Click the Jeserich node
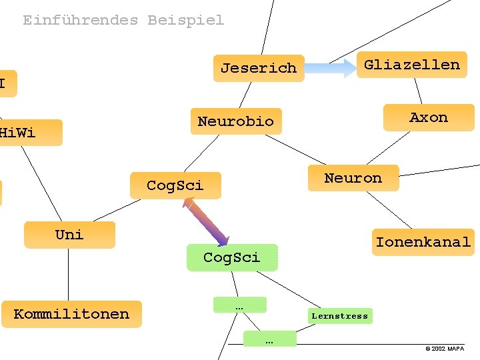point(259,68)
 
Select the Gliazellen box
point(411,65)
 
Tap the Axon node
point(428,117)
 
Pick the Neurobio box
point(235,121)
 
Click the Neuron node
point(353,178)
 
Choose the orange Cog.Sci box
point(175,185)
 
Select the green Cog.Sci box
point(231,257)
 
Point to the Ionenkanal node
point(423,242)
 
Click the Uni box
point(69,235)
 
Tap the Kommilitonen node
point(71,314)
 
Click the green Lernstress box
point(339,316)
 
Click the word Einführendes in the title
point(80,20)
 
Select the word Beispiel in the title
point(185,20)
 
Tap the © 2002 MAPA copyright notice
point(445,349)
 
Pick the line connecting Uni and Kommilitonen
point(68,274)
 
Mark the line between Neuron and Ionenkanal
point(389,209)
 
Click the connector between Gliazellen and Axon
point(418,91)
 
